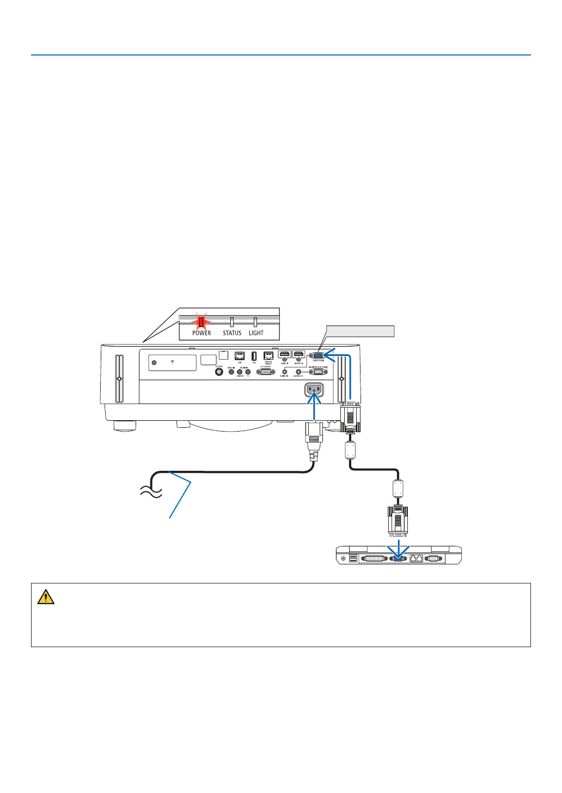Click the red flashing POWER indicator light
pyautogui.click(x=200, y=322)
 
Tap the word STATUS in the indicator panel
pyautogui.click(x=232, y=333)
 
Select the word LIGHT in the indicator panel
pyautogui.click(x=256, y=333)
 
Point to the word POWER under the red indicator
pyautogui.click(x=201, y=333)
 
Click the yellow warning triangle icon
pyautogui.click(x=46, y=597)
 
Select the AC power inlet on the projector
pyautogui.click(x=314, y=390)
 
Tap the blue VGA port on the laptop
pyautogui.click(x=398, y=558)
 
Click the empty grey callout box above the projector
pyautogui.click(x=360, y=331)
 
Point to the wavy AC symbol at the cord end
pyautogui.click(x=151, y=492)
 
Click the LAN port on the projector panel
pyautogui.click(x=239, y=356)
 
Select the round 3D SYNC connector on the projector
pyautogui.click(x=219, y=372)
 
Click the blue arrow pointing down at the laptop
pyautogui.click(x=399, y=546)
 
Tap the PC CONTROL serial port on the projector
pyautogui.click(x=266, y=372)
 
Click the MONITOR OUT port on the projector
pyautogui.click(x=319, y=372)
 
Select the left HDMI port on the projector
pyautogui.click(x=285, y=355)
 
